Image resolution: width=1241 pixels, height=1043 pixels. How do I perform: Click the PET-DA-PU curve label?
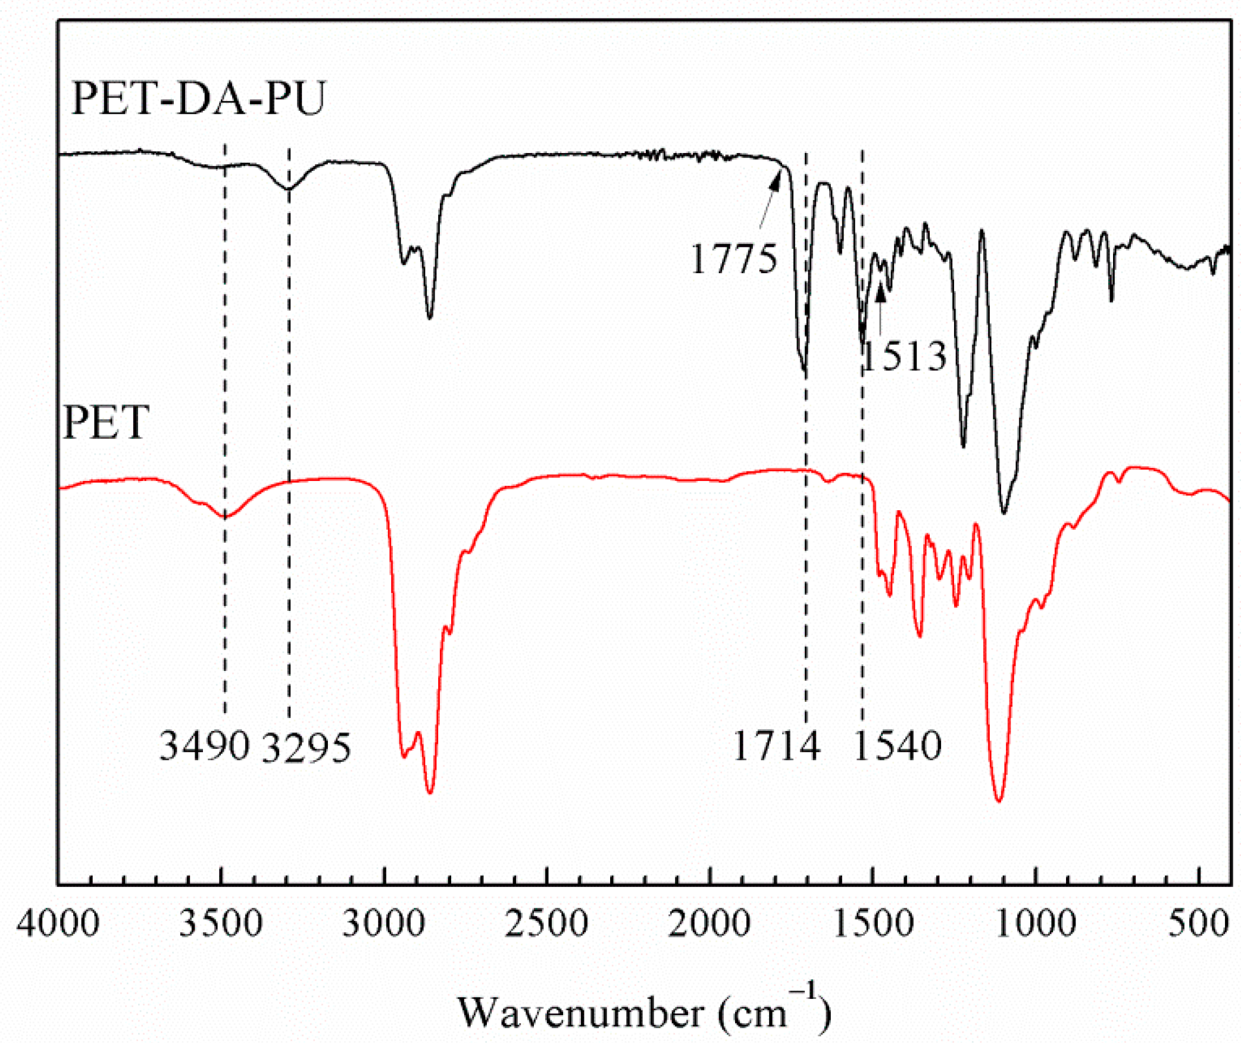199,98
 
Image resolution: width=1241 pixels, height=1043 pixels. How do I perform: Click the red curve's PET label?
106,423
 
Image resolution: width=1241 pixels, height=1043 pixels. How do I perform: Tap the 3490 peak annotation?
204,746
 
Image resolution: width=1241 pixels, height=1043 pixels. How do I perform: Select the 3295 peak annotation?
306,748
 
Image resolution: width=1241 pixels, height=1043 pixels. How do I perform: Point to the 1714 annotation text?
776,746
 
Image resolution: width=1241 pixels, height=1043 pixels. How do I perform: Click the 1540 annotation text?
898,746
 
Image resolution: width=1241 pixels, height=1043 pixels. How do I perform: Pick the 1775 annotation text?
733,260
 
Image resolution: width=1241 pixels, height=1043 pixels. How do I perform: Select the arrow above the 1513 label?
880,310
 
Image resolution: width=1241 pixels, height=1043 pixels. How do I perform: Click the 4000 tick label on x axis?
58,925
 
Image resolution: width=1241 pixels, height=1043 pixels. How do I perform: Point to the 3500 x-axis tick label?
221,925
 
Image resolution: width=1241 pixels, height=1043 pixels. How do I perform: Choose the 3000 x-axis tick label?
384,925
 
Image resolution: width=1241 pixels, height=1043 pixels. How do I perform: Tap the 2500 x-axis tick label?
546,925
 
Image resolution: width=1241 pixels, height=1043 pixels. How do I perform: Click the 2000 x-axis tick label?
709,925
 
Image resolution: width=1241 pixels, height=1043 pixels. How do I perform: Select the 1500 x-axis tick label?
872,925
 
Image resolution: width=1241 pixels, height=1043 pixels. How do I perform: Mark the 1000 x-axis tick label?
1035,925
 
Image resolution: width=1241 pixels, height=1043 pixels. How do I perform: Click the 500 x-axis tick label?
1198,925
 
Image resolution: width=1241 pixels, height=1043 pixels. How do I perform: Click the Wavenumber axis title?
643,1011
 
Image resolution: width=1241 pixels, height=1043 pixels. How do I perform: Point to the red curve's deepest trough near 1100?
999,800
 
